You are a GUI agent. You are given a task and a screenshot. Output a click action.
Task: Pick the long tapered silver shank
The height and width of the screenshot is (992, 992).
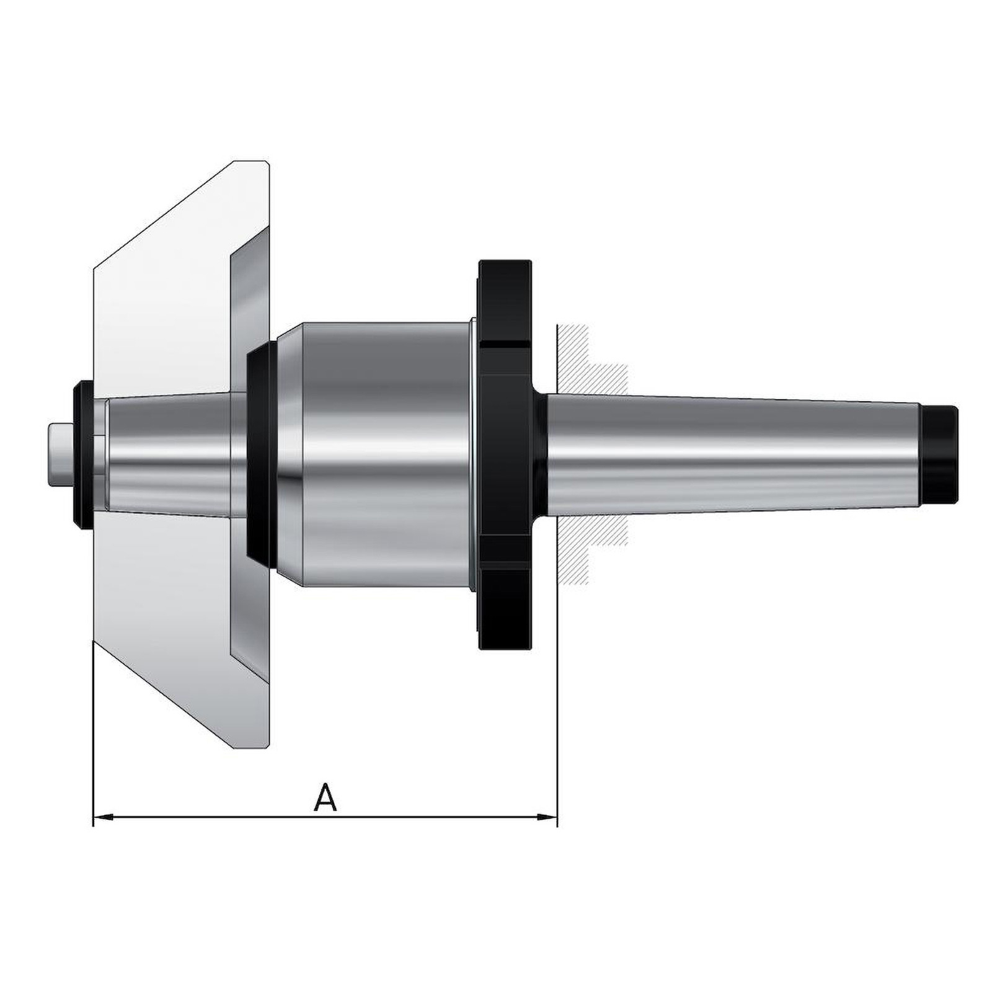click(x=735, y=450)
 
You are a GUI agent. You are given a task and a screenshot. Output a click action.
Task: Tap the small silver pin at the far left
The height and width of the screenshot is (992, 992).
click(x=61, y=450)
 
